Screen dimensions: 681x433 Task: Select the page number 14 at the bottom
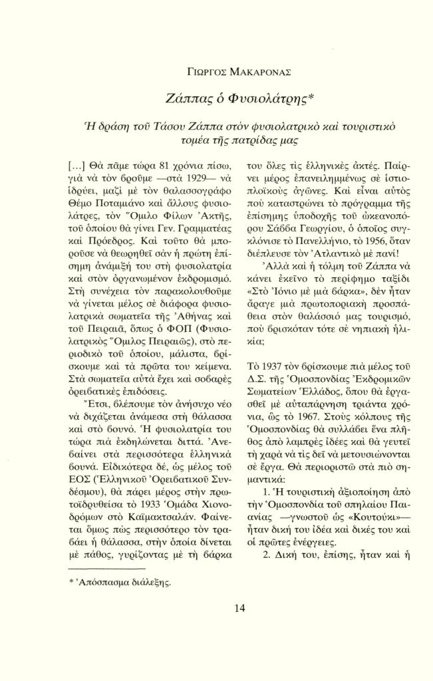click(216, 607)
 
